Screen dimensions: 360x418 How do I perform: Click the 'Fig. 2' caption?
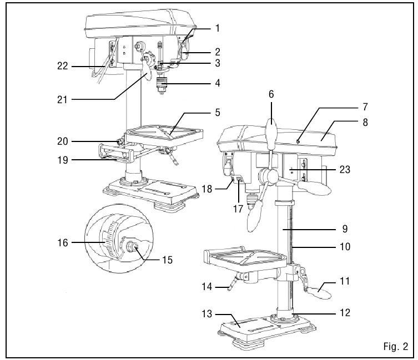tap(395, 347)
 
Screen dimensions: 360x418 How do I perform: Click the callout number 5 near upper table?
tap(218, 112)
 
